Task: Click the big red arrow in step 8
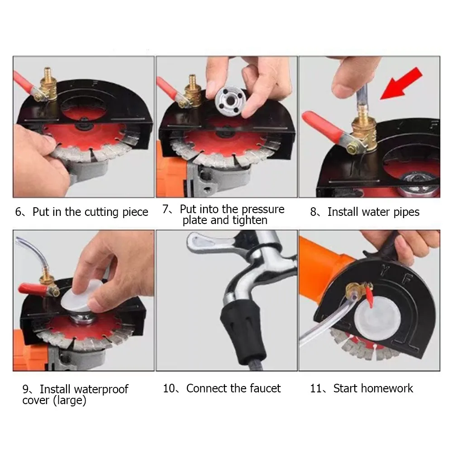pyautogui.click(x=401, y=83)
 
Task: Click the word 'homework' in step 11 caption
pyautogui.click(x=387, y=388)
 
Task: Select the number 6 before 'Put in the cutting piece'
pyautogui.click(x=18, y=212)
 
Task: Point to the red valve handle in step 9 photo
pyautogui.click(x=33, y=289)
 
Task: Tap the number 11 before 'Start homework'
pyautogui.click(x=315, y=388)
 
